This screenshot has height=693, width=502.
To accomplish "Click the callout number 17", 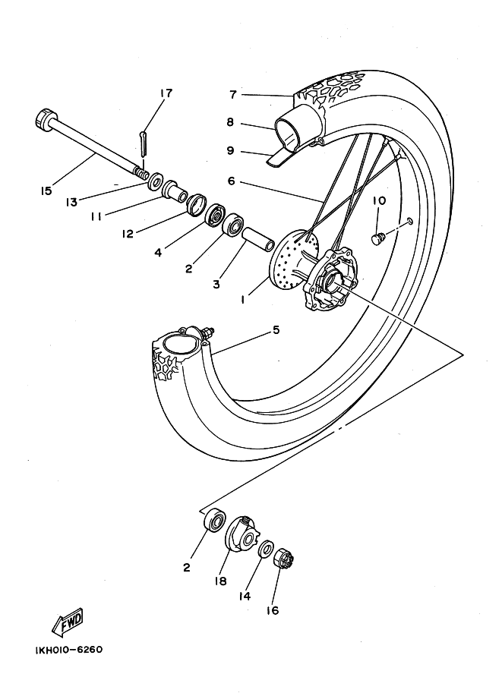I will [166, 93].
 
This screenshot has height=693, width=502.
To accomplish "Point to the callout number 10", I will [379, 200].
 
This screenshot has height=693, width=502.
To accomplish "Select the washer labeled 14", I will [267, 548].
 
